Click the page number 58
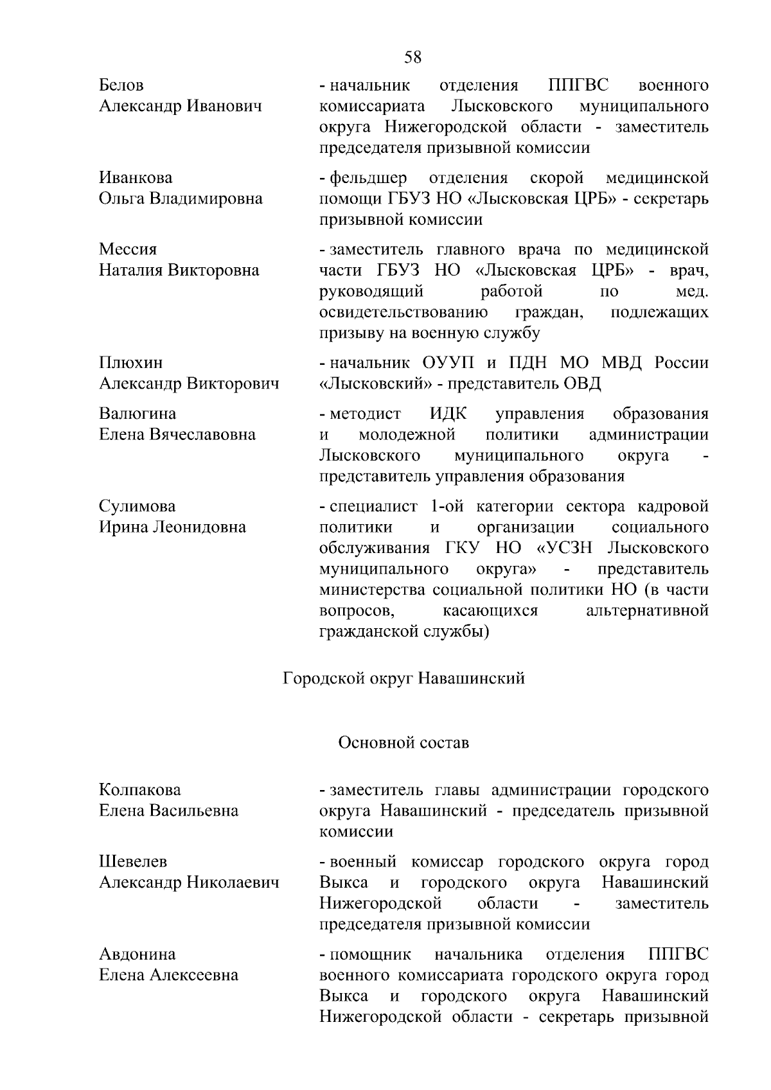(413, 57)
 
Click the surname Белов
(121, 85)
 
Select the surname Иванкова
(136, 178)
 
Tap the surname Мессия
(128, 249)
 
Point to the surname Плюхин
(131, 363)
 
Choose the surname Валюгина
(137, 414)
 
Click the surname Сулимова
(137, 507)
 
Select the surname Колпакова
(140, 790)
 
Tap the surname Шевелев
(133, 862)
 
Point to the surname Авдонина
(137, 954)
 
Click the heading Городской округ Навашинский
(404, 678)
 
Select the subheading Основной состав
(403, 743)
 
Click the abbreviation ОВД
(582, 384)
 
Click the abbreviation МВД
(623, 363)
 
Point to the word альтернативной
(647, 610)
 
